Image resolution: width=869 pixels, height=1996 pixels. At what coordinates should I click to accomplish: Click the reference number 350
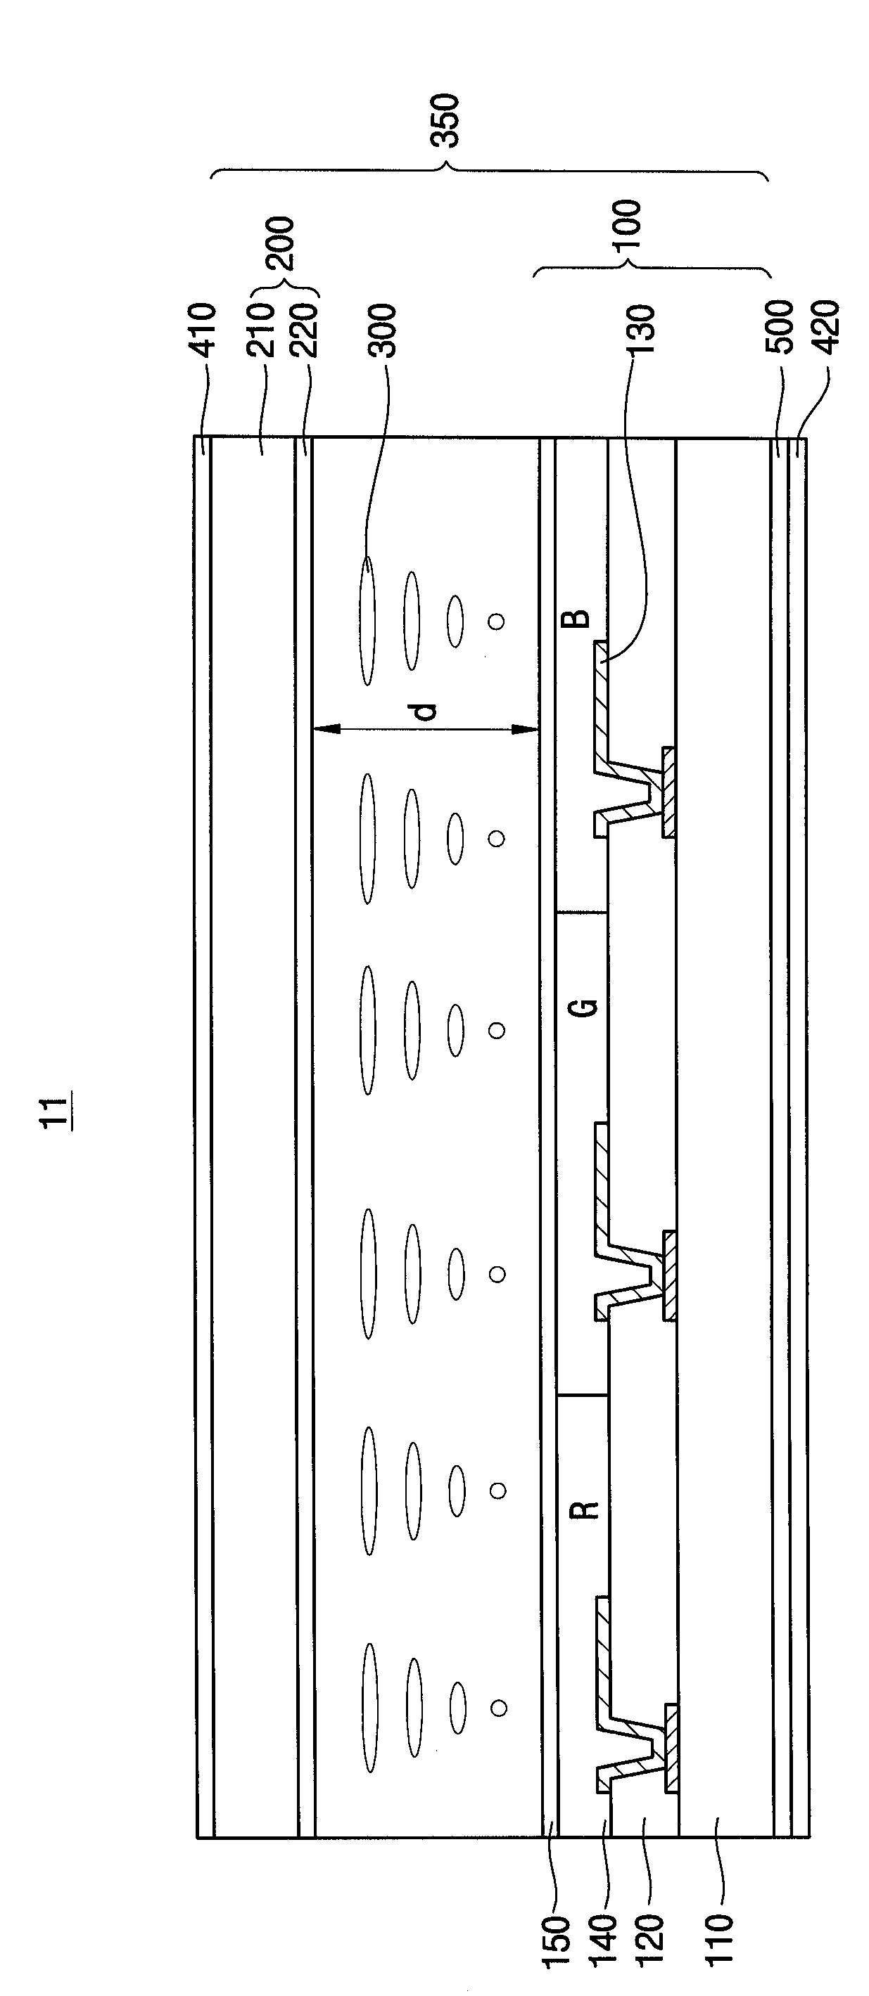[445, 121]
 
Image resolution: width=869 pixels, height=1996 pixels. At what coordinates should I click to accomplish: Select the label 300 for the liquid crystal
[381, 330]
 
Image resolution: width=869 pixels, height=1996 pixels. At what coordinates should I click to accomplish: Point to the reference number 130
[642, 330]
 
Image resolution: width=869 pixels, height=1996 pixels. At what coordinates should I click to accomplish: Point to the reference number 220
[304, 330]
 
